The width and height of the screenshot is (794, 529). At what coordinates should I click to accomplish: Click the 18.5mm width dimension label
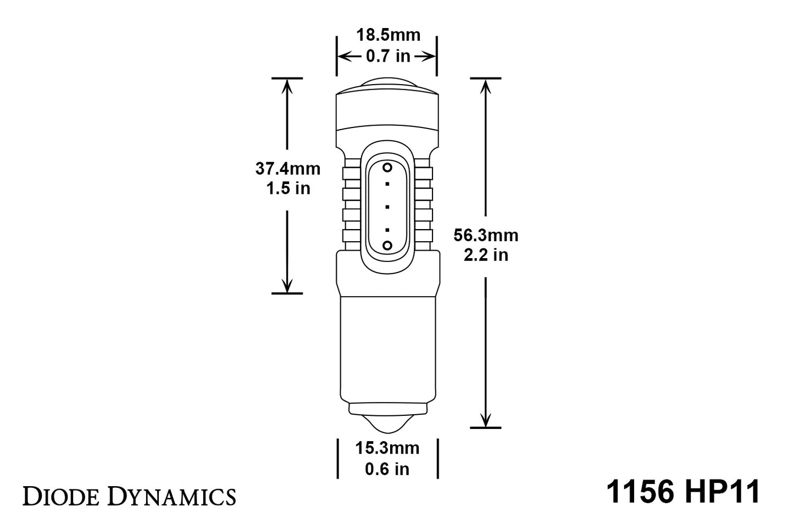[388, 35]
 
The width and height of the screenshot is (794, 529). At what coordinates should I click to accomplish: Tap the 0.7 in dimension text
[388, 56]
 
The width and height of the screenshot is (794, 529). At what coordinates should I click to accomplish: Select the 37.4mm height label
[287, 168]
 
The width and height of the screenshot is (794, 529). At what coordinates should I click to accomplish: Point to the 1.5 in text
[288, 188]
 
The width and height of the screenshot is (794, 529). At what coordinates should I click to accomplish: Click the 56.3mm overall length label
[486, 235]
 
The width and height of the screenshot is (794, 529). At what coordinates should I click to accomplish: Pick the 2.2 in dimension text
[486, 255]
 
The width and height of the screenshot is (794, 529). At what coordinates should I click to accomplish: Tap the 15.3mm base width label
[387, 448]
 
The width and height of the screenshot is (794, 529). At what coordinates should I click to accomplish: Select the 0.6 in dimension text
[387, 469]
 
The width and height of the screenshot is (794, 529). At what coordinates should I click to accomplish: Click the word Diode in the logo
[61, 496]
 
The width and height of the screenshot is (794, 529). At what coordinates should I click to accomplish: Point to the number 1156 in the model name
[640, 492]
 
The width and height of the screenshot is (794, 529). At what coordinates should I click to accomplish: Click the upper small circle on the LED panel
[387, 167]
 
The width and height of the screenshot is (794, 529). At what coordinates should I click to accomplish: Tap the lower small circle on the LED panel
[387, 245]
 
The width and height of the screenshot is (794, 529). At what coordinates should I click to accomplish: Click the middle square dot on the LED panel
[387, 207]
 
